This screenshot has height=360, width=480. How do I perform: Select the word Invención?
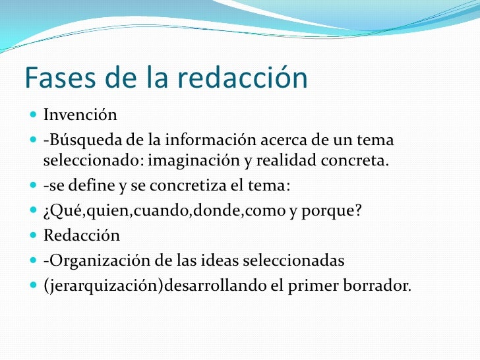[80, 115]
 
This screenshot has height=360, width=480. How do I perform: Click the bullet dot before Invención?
[34, 115]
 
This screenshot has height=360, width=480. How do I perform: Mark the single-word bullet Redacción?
[82, 235]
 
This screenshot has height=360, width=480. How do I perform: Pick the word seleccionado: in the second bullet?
[93, 160]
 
